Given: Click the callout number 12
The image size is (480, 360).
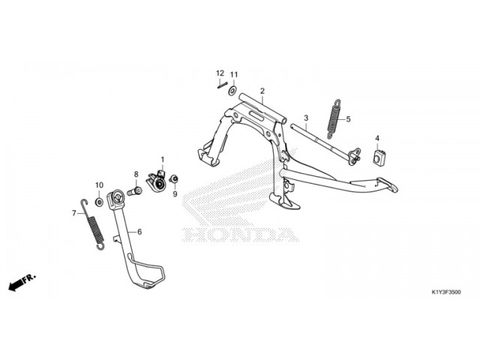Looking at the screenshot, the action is click(220, 73).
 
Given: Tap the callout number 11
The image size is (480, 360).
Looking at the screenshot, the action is click(234, 75).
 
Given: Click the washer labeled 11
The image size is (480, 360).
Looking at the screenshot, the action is click(232, 91).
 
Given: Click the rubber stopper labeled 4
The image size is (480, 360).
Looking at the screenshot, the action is click(379, 158).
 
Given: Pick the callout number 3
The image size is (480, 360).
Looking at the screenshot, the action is click(306, 118).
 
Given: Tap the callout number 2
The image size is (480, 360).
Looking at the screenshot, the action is click(262, 91).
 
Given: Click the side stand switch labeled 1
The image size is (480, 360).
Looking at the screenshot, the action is click(157, 181).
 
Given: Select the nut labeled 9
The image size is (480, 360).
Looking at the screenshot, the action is click(175, 179).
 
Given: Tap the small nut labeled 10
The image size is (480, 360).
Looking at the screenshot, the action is click(99, 202).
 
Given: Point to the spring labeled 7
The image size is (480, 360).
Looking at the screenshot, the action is click(93, 224).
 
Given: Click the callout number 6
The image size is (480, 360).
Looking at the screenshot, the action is click(139, 232).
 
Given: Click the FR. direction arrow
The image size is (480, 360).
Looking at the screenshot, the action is click(22, 282).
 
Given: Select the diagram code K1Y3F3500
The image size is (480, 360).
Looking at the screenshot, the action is click(446, 292).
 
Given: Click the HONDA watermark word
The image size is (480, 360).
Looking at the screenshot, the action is click(240, 235).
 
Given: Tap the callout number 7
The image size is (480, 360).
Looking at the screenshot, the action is click(73, 213).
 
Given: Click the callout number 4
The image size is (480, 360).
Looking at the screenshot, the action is click(377, 138).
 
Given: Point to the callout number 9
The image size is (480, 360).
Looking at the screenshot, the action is click(175, 194).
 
